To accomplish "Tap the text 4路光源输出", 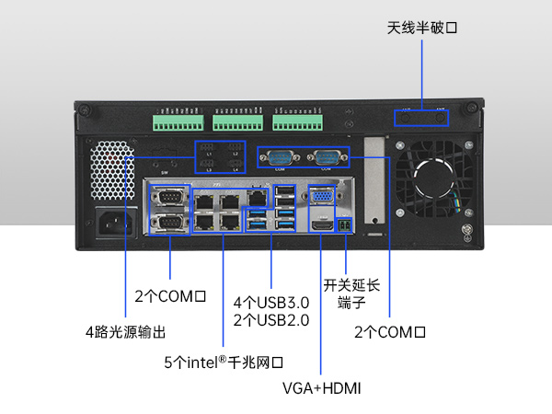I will pyautogui.click(x=126, y=331).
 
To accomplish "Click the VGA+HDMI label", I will pyautogui.click(x=321, y=388).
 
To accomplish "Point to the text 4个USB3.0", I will pyautogui.click(x=271, y=303).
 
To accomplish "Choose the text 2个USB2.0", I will pyautogui.click(x=271, y=320).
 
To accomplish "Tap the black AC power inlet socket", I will pyautogui.click(x=117, y=223).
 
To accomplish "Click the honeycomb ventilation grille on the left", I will pyautogui.click(x=111, y=172).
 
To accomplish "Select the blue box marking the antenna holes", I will pyautogui.click(x=422, y=117).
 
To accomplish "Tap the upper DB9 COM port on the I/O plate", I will pyautogui.click(x=169, y=197).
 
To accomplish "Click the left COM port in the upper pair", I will pyautogui.click(x=278, y=157).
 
